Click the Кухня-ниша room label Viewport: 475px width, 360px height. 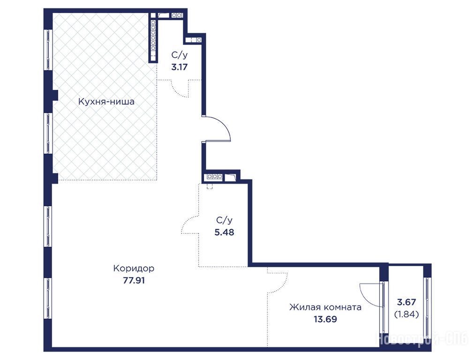coord(106,101)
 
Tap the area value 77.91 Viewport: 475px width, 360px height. coord(134,280)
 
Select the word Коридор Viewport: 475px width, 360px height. coord(134,268)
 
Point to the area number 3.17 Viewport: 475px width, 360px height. coord(179,67)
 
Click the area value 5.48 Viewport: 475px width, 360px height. coord(224,232)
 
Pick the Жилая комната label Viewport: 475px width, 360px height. coord(325,307)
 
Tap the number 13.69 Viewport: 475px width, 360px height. coord(325,319)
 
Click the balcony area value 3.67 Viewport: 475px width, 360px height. coord(407,302)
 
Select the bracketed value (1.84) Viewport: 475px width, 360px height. coord(407,315)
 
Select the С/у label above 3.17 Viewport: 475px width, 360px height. coord(179,55)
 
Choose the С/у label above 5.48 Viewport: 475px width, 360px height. coord(224,220)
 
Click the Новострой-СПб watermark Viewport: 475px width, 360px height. coord(422,339)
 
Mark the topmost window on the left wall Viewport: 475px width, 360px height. coord(48,50)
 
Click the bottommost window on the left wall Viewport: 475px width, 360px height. coord(48,298)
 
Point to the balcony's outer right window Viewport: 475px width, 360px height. coord(427,306)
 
